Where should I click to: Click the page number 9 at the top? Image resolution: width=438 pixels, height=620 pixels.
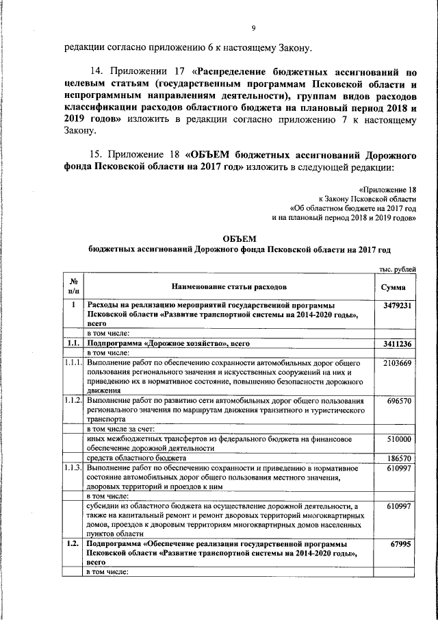tap(253, 28)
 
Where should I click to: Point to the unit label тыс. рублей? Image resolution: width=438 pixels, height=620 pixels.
tap(398, 271)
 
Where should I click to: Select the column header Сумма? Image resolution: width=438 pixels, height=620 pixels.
tap(397, 287)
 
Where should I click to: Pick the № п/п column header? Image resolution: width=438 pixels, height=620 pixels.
tap(73, 287)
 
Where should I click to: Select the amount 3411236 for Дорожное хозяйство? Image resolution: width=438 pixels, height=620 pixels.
tap(397, 343)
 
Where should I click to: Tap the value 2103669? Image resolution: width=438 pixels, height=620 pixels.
tap(397, 362)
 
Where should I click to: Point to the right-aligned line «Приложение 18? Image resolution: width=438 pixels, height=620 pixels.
tap(387, 188)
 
